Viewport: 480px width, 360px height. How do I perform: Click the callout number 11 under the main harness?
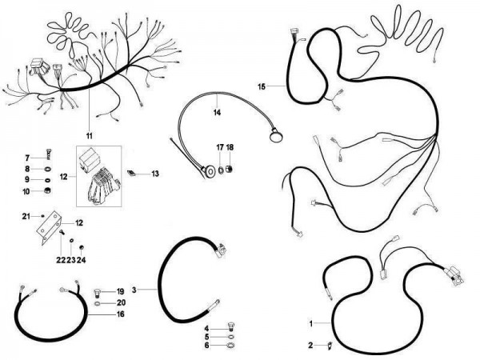point(89,136)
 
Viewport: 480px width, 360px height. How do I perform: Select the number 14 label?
point(217,113)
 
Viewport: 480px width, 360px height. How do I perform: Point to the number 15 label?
point(262,86)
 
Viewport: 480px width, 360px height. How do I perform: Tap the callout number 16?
point(121,314)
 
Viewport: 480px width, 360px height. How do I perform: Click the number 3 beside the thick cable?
point(134,290)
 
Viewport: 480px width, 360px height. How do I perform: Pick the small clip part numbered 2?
point(330,346)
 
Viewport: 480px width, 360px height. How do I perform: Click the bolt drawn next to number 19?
point(97,293)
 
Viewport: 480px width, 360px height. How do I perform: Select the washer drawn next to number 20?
point(97,304)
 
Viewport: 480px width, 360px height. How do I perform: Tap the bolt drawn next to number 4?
point(232,326)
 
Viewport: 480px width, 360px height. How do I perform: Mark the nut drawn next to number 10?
point(47,190)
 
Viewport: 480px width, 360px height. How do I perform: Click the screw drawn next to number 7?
point(49,154)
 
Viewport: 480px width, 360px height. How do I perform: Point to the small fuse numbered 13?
point(131,173)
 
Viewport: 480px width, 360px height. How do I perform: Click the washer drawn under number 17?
point(220,169)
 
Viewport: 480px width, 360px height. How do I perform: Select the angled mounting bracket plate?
point(48,227)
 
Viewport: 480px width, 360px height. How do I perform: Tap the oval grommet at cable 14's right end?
point(276,135)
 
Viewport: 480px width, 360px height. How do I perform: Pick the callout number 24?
point(81,260)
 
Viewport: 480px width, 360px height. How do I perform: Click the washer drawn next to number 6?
point(231,346)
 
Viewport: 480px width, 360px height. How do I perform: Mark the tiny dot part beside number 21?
point(42,216)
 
